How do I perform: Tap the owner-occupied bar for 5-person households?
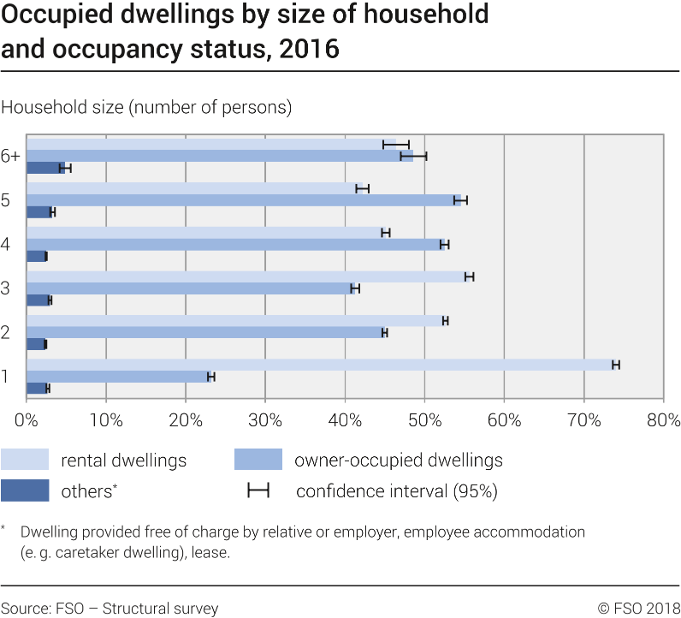tap(244, 200)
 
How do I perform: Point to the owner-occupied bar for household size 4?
tap(235, 245)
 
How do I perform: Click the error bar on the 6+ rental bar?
tap(396, 145)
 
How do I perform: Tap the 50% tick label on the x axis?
tap(424, 420)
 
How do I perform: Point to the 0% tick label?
tap(27, 420)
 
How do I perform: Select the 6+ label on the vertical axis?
tap(10, 156)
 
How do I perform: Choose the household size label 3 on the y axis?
tap(6, 288)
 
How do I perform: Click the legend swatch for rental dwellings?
tap(25, 460)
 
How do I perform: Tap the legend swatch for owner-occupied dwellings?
tap(258, 460)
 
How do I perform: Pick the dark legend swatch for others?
tap(25, 490)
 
